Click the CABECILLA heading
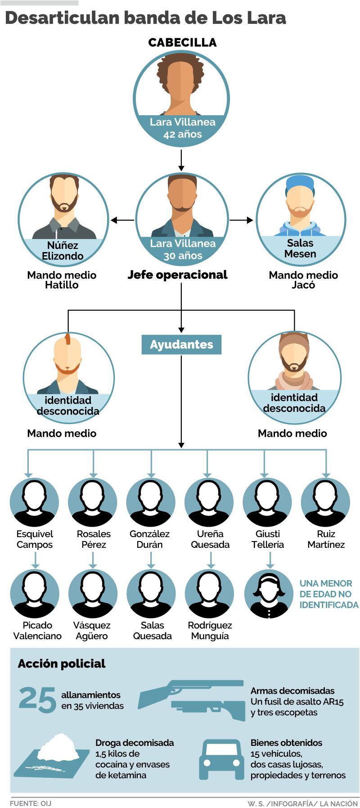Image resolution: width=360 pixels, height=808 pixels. (x=182, y=43)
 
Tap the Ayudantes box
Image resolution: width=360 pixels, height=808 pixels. (x=181, y=345)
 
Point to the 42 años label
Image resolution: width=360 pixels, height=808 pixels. (x=182, y=134)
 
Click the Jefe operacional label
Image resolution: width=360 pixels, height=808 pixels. (x=178, y=275)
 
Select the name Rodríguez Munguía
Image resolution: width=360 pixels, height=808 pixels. (x=210, y=631)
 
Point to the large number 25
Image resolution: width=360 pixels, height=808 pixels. (x=37, y=700)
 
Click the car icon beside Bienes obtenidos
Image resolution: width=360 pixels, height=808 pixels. (x=222, y=759)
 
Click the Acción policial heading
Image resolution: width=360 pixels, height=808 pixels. (x=62, y=664)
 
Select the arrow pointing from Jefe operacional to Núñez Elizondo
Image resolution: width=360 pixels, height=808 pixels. (x=122, y=220)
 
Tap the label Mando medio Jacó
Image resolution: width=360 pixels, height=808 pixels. (x=303, y=280)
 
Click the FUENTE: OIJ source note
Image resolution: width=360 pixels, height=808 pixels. (x=31, y=803)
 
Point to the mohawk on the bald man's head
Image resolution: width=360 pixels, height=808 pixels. (x=68, y=338)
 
